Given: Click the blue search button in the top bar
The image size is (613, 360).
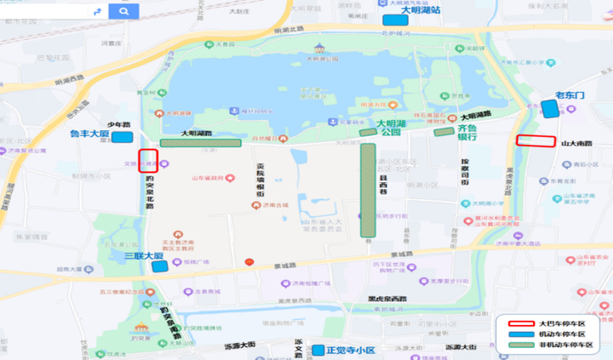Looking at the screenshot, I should click(124, 12).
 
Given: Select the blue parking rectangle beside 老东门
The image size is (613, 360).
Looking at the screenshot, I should click(550, 109).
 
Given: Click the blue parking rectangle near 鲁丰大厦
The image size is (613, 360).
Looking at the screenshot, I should click(122, 136).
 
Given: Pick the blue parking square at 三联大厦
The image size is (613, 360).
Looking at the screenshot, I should click(159, 266).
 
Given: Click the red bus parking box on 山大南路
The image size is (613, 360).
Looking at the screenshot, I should click(536, 141).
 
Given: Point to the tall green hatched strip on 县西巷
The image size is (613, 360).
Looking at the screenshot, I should click(368, 189).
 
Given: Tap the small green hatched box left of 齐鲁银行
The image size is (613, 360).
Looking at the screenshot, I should click(444, 132).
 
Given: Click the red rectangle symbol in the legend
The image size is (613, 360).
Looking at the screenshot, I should click(518, 323).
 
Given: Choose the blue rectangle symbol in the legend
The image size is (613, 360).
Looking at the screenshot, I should click(518, 334).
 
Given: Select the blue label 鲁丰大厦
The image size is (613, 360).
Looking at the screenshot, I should click(90, 134).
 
